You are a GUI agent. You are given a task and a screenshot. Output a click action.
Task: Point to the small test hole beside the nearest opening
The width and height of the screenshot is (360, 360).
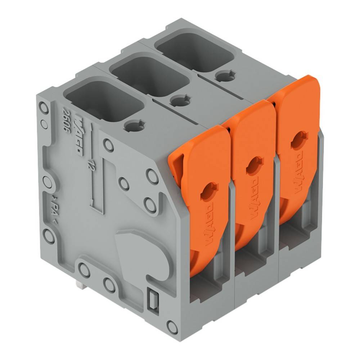click(x=135, y=125)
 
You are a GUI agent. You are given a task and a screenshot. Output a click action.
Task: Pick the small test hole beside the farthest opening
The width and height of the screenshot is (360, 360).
click(x=224, y=75)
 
